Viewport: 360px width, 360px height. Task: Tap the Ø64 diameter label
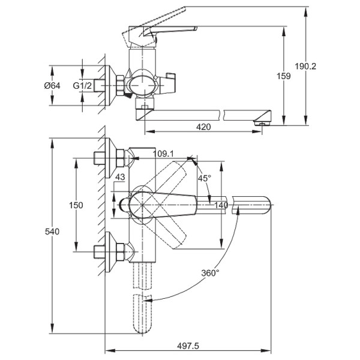[53, 86]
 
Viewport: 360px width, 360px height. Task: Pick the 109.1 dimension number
[163, 153]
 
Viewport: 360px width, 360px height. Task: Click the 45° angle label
[205, 178]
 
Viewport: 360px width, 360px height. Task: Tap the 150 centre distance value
[76, 205]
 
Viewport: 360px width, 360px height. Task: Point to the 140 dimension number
[221, 205]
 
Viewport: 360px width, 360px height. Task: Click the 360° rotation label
[211, 272]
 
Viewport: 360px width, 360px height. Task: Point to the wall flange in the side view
[109, 86]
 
